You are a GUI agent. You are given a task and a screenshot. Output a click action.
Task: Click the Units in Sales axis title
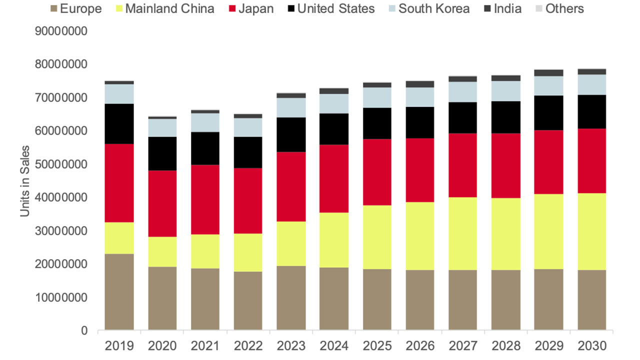tap(25, 181)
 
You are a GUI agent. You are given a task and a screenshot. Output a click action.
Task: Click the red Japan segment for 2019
tap(119, 183)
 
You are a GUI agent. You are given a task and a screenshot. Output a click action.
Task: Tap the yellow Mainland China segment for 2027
tap(463, 233)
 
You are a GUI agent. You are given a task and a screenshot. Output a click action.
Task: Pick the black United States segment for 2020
tap(162, 153)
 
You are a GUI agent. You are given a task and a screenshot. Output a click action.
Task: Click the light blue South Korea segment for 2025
tap(377, 97)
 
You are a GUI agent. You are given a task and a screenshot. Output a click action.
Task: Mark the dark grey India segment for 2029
tap(548, 73)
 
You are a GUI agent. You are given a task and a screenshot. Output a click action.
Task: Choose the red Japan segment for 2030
tap(591, 161)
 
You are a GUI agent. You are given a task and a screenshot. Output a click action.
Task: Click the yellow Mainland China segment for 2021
tap(205, 251)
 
